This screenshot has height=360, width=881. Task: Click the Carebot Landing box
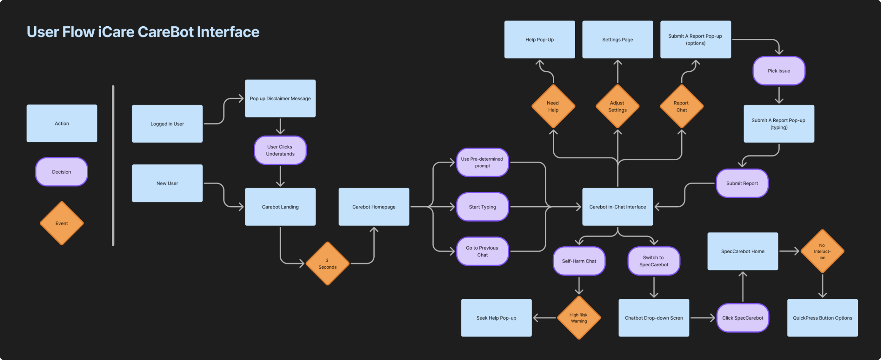(280, 207)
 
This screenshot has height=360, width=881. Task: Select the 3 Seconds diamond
(328, 263)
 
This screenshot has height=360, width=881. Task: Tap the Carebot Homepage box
(374, 207)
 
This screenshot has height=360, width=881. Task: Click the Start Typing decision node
(482, 207)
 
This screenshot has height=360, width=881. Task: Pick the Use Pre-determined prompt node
(482, 162)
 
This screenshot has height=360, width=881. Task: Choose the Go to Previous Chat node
(482, 251)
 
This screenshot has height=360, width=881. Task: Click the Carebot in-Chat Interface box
(617, 207)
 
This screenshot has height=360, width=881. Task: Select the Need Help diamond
(553, 106)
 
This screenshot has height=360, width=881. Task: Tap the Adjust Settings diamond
(617, 106)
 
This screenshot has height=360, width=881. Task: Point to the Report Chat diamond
(681, 106)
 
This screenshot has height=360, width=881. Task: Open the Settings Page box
(617, 40)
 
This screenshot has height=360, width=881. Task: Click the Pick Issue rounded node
(779, 71)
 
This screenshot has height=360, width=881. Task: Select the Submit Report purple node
(742, 183)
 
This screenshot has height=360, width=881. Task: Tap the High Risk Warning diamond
(579, 318)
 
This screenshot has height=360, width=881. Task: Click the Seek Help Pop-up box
(496, 318)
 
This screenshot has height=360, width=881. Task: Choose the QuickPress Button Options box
(822, 318)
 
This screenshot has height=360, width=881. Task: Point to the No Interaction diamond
(822, 251)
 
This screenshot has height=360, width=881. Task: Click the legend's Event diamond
(62, 223)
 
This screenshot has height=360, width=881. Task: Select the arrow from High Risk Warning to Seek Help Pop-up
(544, 318)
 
